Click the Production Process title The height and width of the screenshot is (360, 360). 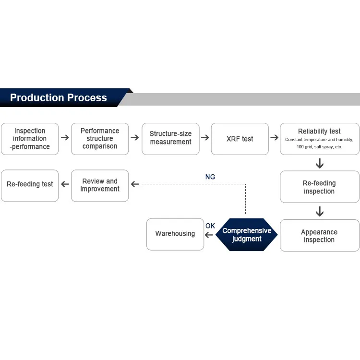click(x=59, y=97)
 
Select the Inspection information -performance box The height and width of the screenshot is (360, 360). click(x=30, y=139)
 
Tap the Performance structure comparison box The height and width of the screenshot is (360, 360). click(x=100, y=139)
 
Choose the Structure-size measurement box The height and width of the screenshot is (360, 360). click(x=170, y=139)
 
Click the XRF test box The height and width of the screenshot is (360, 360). click(x=240, y=139)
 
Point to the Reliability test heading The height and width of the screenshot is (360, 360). click(x=319, y=132)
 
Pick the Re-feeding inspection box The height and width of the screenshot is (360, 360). click(x=320, y=187)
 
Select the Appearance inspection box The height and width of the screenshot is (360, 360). click(x=320, y=235)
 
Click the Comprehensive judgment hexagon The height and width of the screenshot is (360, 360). click(x=247, y=234)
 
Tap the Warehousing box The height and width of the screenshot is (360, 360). click(x=175, y=234)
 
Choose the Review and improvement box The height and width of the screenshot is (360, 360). click(x=100, y=186)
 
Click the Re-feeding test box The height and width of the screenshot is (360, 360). click(x=30, y=186)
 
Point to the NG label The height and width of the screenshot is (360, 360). click(x=210, y=177)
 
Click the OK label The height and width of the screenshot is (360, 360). click(x=210, y=226)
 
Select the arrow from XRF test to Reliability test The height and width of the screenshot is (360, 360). click(x=275, y=138)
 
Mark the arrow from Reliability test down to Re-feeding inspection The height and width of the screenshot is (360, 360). click(x=320, y=163)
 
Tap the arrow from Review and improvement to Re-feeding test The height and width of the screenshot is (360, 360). click(x=65, y=184)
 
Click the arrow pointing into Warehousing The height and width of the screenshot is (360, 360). click(x=209, y=235)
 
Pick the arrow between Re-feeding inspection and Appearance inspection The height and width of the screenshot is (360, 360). click(x=320, y=212)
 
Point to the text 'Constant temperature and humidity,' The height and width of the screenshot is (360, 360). click(x=319, y=140)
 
